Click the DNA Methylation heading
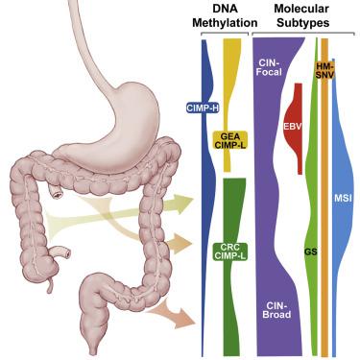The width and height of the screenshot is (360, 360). [223, 16]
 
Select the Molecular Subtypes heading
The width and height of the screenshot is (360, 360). [299, 16]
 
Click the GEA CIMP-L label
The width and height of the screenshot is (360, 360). [229, 142]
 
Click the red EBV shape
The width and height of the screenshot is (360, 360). [295, 126]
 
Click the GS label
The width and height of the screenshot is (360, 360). [310, 252]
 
